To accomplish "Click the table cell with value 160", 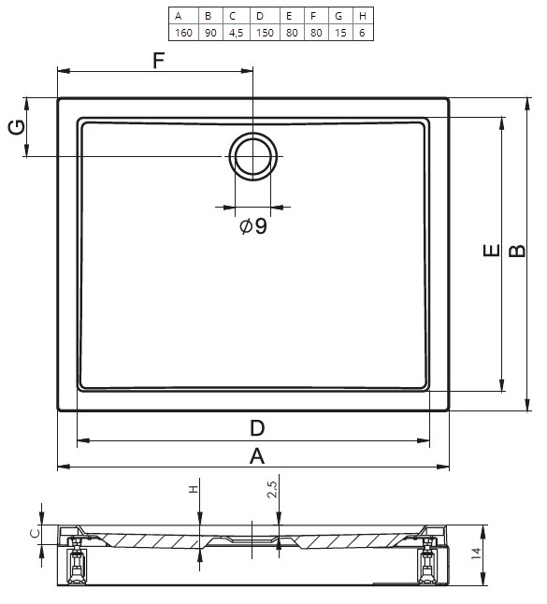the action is pyautogui.click(x=184, y=33).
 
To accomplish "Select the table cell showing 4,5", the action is pyautogui.click(x=237, y=33).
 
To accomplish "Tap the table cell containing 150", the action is pyautogui.click(x=265, y=33).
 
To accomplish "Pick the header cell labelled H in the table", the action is pyautogui.click(x=363, y=16).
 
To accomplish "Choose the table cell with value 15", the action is pyautogui.click(x=340, y=33).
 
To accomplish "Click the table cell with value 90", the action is pyautogui.click(x=210, y=33).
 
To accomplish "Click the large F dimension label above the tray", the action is pyautogui.click(x=159, y=60).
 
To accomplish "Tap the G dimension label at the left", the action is pyautogui.click(x=18, y=127).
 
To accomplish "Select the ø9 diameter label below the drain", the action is pyautogui.click(x=253, y=225).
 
